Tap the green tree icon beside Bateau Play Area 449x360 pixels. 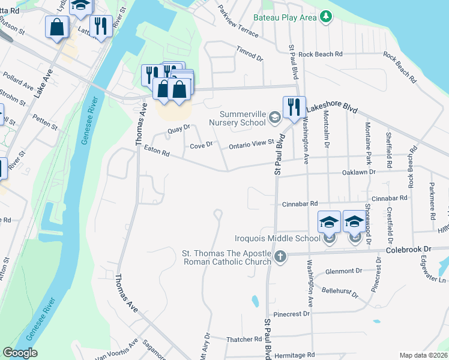click(326, 16)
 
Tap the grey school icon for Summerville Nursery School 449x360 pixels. click(275, 117)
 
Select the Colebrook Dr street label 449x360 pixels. click(409, 248)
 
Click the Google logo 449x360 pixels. click(20, 353)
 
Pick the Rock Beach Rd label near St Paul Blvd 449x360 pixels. click(321, 54)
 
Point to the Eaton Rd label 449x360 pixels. click(157, 151)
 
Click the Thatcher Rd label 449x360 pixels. click(244, 340)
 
